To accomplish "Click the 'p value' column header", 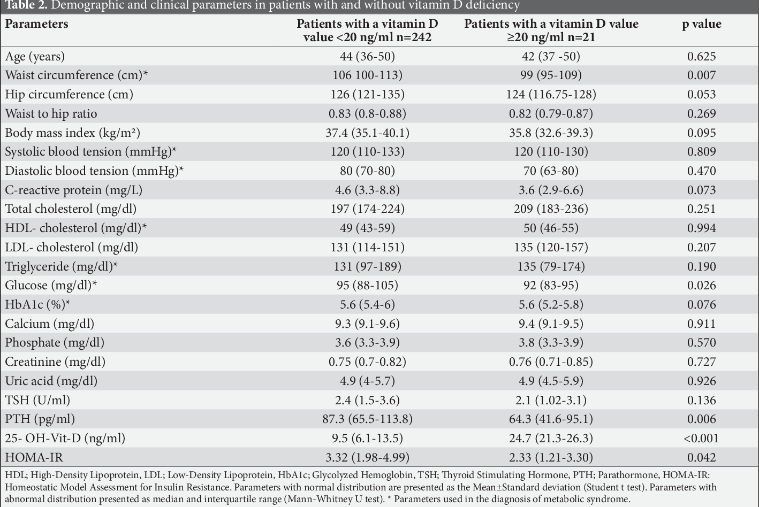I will [x=701, y=24].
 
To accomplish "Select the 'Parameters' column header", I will [x=36, y=24].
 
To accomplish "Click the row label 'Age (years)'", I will [x=35, y=56].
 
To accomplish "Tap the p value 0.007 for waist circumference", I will [x=701, y=75].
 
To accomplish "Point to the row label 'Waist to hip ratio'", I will [x=51, y=113].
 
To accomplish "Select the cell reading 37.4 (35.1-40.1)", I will [x=367, y=133].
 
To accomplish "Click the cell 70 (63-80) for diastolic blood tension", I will [x=551, y=171].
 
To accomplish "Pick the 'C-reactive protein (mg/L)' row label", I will [x=73, y=190].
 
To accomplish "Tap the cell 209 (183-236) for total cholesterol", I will [x=551, y=209].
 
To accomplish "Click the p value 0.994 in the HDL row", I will [x=701, y=228].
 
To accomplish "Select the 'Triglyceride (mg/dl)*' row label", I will [x=62, y=266].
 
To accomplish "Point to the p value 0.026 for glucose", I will [x=701, y=286].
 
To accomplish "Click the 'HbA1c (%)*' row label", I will [x=37, y=305].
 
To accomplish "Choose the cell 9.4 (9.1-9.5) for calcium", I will [x=551, y=324].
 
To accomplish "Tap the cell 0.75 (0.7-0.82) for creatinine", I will [x=367, y=362].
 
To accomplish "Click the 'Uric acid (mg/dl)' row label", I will [x=51, y=381].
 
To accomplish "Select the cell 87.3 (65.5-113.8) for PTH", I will [x=367, y=419].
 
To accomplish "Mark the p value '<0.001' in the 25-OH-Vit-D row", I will [x=701, y=439].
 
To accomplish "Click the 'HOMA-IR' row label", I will [x=34, y=458].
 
